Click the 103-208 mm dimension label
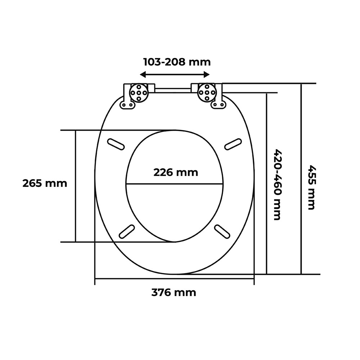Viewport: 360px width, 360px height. click(x=177, y=62)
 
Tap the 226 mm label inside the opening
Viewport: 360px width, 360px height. click(x=176, y=172)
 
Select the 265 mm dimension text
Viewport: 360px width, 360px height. click(x=45, y=184)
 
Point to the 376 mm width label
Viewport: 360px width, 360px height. click(x=174, y=293)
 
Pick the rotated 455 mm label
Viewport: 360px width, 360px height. click(x=312, y=187)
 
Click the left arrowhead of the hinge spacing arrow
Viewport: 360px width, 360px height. click(x=143, y=75)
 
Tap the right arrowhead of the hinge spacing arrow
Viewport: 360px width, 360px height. click(x=206, y=75)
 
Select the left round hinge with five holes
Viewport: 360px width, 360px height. click(x=139, y=93)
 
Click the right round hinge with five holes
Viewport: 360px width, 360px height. click(x=207, y=93)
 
